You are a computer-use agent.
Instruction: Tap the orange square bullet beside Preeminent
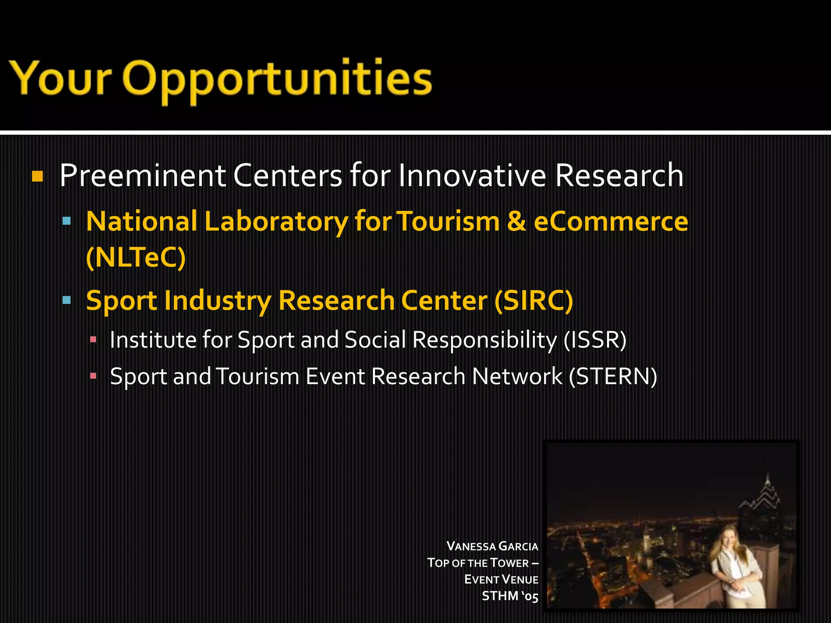click(x=37, y=176)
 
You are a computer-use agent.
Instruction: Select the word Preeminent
click(x=142, y=176)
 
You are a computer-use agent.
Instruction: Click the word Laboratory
click(x=276, y=222)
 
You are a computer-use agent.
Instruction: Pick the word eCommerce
click(x=611, y=222)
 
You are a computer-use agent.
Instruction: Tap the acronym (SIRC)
click(x=534, y=301)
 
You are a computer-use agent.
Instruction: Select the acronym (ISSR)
click(x=595, y=339)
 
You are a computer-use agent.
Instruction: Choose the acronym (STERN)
click(x=613, y=376)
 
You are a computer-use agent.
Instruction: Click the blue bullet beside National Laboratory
click(x=67, y=221)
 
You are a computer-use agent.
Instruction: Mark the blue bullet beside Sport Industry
click(x=67, y=300)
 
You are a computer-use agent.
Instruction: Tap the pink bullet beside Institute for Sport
click(x=93, y=339)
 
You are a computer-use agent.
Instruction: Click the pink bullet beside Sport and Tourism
click(x=93, y=376)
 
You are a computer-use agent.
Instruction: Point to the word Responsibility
click(x=484, y=339)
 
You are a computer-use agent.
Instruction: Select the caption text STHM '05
click(x=510, y=596)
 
